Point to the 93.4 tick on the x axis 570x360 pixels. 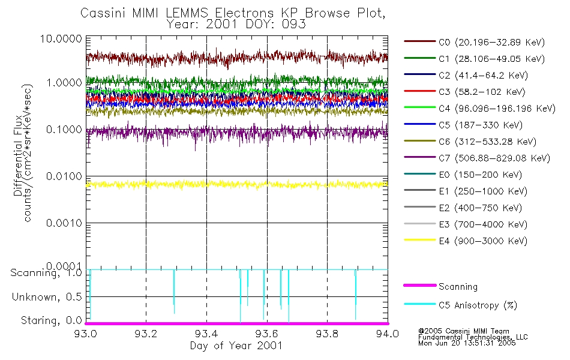coord(206,334)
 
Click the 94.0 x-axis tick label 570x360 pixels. coord(388,334)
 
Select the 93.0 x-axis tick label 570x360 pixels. coord(86,334)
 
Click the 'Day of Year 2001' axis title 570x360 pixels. coord(236,346)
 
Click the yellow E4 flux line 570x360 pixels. coord(240,184)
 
